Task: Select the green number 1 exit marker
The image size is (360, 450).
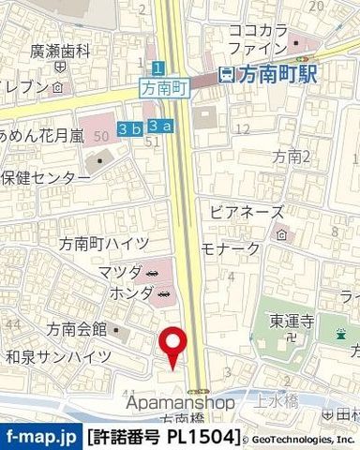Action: point(158,67)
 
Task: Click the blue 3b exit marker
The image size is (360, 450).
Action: point(128,126)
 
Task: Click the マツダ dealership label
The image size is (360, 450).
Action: point(118,272)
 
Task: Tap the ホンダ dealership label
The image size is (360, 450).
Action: point(118,293)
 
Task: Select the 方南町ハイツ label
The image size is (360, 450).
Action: point(97,244)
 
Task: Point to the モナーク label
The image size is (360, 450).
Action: point(231,248)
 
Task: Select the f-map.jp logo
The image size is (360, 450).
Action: point(40,437)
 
